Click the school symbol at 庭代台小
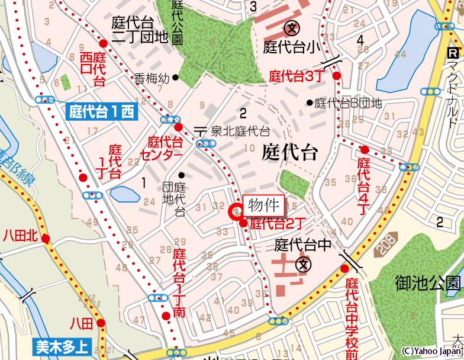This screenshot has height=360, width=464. (292, 27)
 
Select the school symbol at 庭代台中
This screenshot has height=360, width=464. (304, 263)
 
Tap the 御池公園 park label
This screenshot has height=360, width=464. (428, 283)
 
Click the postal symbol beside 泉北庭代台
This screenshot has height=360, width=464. (201, 130)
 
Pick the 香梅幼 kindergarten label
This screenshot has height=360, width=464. (152, 78)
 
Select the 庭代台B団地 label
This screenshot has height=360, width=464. (348, 103)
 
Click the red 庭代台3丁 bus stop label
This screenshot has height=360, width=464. (295, 76)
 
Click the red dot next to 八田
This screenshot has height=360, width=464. (102, 323)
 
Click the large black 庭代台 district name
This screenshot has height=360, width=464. (289, 153)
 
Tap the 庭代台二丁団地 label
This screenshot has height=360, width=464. (140, 30)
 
